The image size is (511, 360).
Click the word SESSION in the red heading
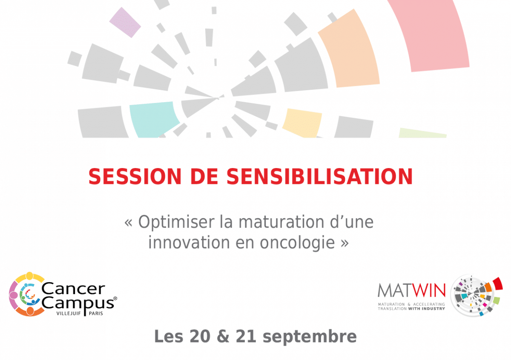pyautogui.click(x=135, y=177)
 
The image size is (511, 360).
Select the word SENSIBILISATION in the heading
pyautogui.click(x=320, y=177)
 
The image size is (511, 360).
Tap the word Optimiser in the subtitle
pyautogui.click(x=176, y=222)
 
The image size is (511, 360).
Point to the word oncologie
pyautogui.click(x=297, y=243)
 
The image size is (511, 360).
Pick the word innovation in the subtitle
pyautogui.click(x=189, y=243)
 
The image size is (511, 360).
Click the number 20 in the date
pyautogui.click(x=200, y=336)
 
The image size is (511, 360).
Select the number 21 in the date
pyautogui.click(x=246, y=336)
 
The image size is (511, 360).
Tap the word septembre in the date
pyautogui.click(x=310, y=337)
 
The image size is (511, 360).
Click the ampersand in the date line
pyautogui.click(x=223, y=336)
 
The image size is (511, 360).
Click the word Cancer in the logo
pyautogui.click(x=73, y=289)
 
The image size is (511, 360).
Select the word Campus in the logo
pyautogui.click(x=78, y=303)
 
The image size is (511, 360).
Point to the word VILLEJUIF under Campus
pyautogui.click(x=69, y=314)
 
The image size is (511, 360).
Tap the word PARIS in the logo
pyautogui.click(x=96, y=314)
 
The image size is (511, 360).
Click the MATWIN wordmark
pyautogui.click(x=411, y=291)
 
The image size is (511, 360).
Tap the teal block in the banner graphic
pyautogui.click(x=154, y=120)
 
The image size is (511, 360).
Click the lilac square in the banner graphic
pyautogui.click(x=125, y=23)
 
